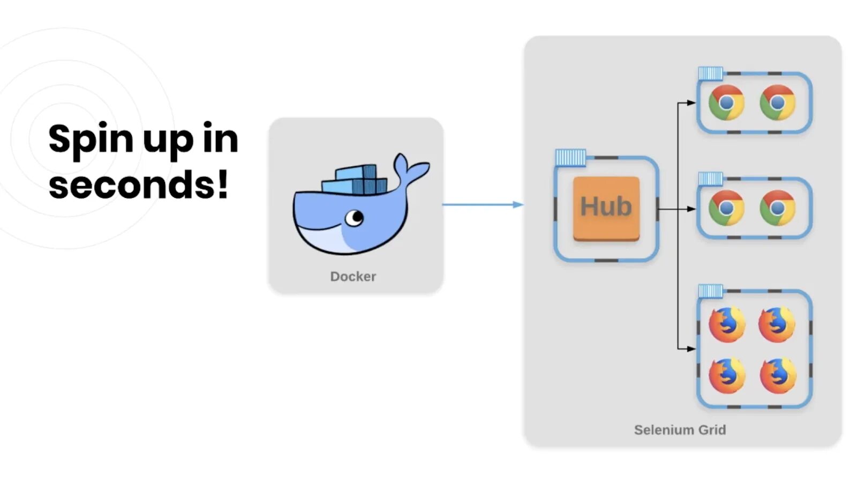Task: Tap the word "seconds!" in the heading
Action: pos(138,184)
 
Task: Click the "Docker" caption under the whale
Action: pos(353,276)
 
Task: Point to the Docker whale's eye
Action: pos(354,218)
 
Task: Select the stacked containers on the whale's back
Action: pos(355,181)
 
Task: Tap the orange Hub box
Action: pos(606,208)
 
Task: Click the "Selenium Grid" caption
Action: pos(680,429)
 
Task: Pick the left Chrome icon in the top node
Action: pos(726,102)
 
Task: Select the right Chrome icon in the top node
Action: pos(777,102)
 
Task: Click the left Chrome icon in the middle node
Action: pos(726,208)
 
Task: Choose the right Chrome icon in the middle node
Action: pos(777,208)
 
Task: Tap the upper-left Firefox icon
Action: pos(726,324)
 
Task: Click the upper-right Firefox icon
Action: pos(777,324)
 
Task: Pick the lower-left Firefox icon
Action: pos(726,375)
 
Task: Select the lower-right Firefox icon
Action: pos(777,375)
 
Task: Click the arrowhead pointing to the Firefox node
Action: pos(691,348)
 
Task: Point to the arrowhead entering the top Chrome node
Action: pos(691,102)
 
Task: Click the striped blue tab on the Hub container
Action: pos(570,158)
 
